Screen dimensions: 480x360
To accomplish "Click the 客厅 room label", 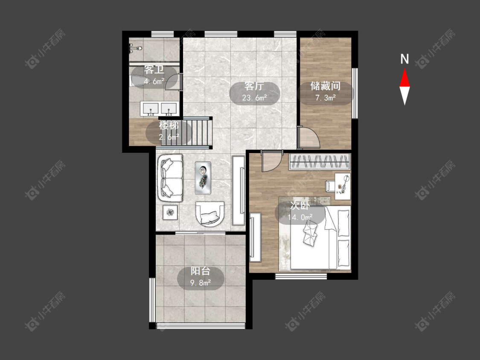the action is coord(254,86).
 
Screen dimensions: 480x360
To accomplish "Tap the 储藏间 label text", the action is coord(326,86).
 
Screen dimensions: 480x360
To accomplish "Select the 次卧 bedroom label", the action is coord(300,206).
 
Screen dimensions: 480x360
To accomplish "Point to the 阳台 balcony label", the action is coord(201,271).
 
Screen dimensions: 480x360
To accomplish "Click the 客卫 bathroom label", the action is coord(154,70).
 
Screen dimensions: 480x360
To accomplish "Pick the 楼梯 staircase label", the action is coord(169,125).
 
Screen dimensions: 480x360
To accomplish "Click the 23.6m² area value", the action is coord(254,98).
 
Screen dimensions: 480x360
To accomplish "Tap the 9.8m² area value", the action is coord(201,282).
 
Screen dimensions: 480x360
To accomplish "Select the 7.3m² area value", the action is coord(326,98).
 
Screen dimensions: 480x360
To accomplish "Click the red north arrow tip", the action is coord(404,69).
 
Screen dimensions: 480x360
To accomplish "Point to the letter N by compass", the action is coord(405,59).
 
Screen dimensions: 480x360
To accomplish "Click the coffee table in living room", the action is coord(203,178).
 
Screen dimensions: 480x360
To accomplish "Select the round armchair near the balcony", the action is coord(210,214).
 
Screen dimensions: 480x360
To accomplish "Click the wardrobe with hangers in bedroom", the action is coord(319,162).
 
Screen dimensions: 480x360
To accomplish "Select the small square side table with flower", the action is coord(170,212).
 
